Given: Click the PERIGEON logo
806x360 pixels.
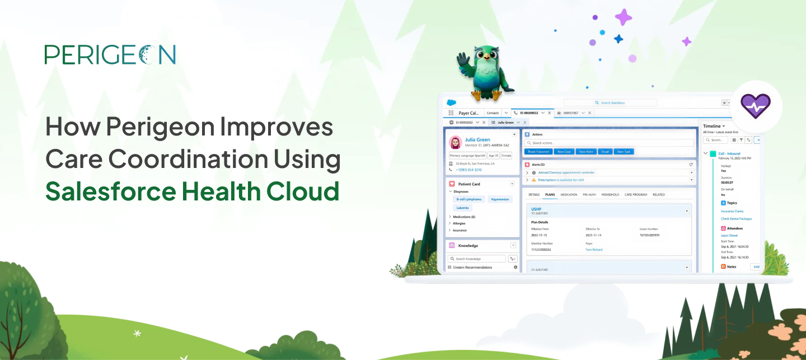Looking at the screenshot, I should [x=110, y=54].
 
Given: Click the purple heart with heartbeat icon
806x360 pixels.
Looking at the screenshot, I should [x=755, y=105].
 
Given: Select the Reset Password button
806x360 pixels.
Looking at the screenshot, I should [x=538, y=152].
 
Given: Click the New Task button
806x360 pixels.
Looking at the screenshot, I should [x=624, y=152].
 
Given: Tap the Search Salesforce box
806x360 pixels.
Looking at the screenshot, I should [x=610, y=103].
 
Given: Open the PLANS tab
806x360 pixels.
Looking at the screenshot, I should [x=550, y=195].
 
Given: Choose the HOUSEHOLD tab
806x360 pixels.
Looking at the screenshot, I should [x=610, y=195].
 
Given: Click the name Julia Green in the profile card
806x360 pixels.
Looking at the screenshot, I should [x=477, y=140].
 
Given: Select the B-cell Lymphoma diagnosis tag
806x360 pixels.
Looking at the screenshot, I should [x=468, y=199].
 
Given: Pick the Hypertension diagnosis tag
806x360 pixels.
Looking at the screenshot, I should [x=499, y=199].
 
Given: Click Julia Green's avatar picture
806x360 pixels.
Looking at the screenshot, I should [x=455, y=142].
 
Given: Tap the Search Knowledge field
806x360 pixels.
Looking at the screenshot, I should [x=477, y=259].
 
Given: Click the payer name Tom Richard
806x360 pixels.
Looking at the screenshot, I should [x=594, y=250].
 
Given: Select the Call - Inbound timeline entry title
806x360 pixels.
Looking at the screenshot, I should [x=729, y=153].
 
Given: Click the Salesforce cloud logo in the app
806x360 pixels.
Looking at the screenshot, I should [x=451, y=103].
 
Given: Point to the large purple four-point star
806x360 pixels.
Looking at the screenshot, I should [x=623, y=17].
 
